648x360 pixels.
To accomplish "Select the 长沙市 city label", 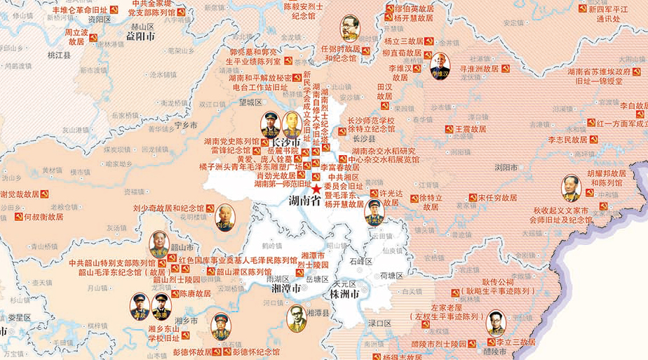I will (276, 142).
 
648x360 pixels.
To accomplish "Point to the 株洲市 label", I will (345, 293).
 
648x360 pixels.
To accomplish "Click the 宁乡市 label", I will (186, 125).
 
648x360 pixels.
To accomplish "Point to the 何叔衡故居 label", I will (43, 217).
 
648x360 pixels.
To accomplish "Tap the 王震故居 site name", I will (471, 129).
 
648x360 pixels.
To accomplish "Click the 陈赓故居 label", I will (196, 294).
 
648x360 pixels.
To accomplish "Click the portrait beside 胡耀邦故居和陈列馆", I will (571, 188).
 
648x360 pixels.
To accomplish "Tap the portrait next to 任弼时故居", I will (349, 29).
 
